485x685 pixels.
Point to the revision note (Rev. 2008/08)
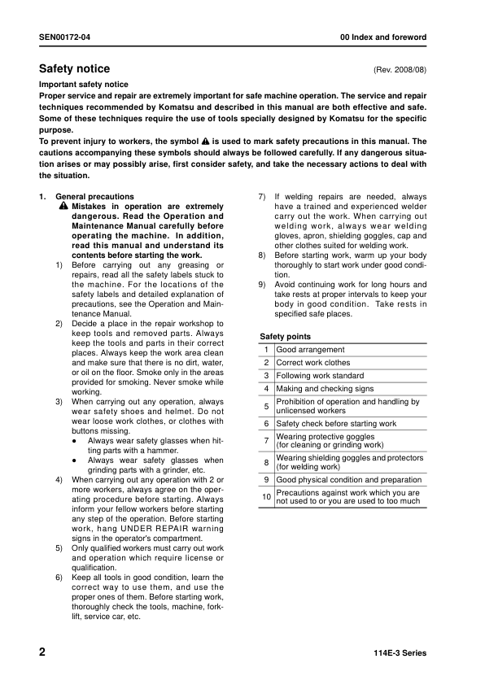[400, 71]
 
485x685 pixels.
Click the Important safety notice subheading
[83, 85]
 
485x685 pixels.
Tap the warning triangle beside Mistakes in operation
[63, 207]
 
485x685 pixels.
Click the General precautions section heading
[94, 197]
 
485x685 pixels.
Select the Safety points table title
[285, 337]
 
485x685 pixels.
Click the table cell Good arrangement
[310, 350]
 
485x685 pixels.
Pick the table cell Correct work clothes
[313, 363]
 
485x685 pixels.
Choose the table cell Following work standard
[320, 376]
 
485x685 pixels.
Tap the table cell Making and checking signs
[325, 389]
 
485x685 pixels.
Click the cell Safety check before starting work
[336, 424]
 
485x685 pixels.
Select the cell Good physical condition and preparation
[348, 480]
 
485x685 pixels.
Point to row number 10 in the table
[265, 496]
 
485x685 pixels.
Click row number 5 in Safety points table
[266, 406]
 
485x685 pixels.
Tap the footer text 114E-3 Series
[399, 653]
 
